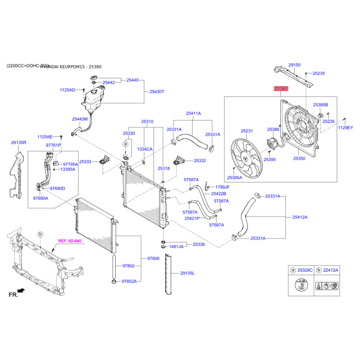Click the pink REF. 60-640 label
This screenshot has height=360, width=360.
point(70,241)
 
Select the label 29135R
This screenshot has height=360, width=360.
point(19,143)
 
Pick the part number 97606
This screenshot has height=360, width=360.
point(153,259)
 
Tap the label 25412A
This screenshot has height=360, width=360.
point(300,217)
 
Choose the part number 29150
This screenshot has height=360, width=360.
point(294,65)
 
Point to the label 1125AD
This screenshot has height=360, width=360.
point(68,90)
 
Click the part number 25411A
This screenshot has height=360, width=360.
point(193,113)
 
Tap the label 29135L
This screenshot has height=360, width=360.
point(188,273)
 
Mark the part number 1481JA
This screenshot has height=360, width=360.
point(176,247)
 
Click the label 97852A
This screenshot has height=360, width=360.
point(129,281)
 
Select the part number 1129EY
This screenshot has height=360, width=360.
point(346,128)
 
